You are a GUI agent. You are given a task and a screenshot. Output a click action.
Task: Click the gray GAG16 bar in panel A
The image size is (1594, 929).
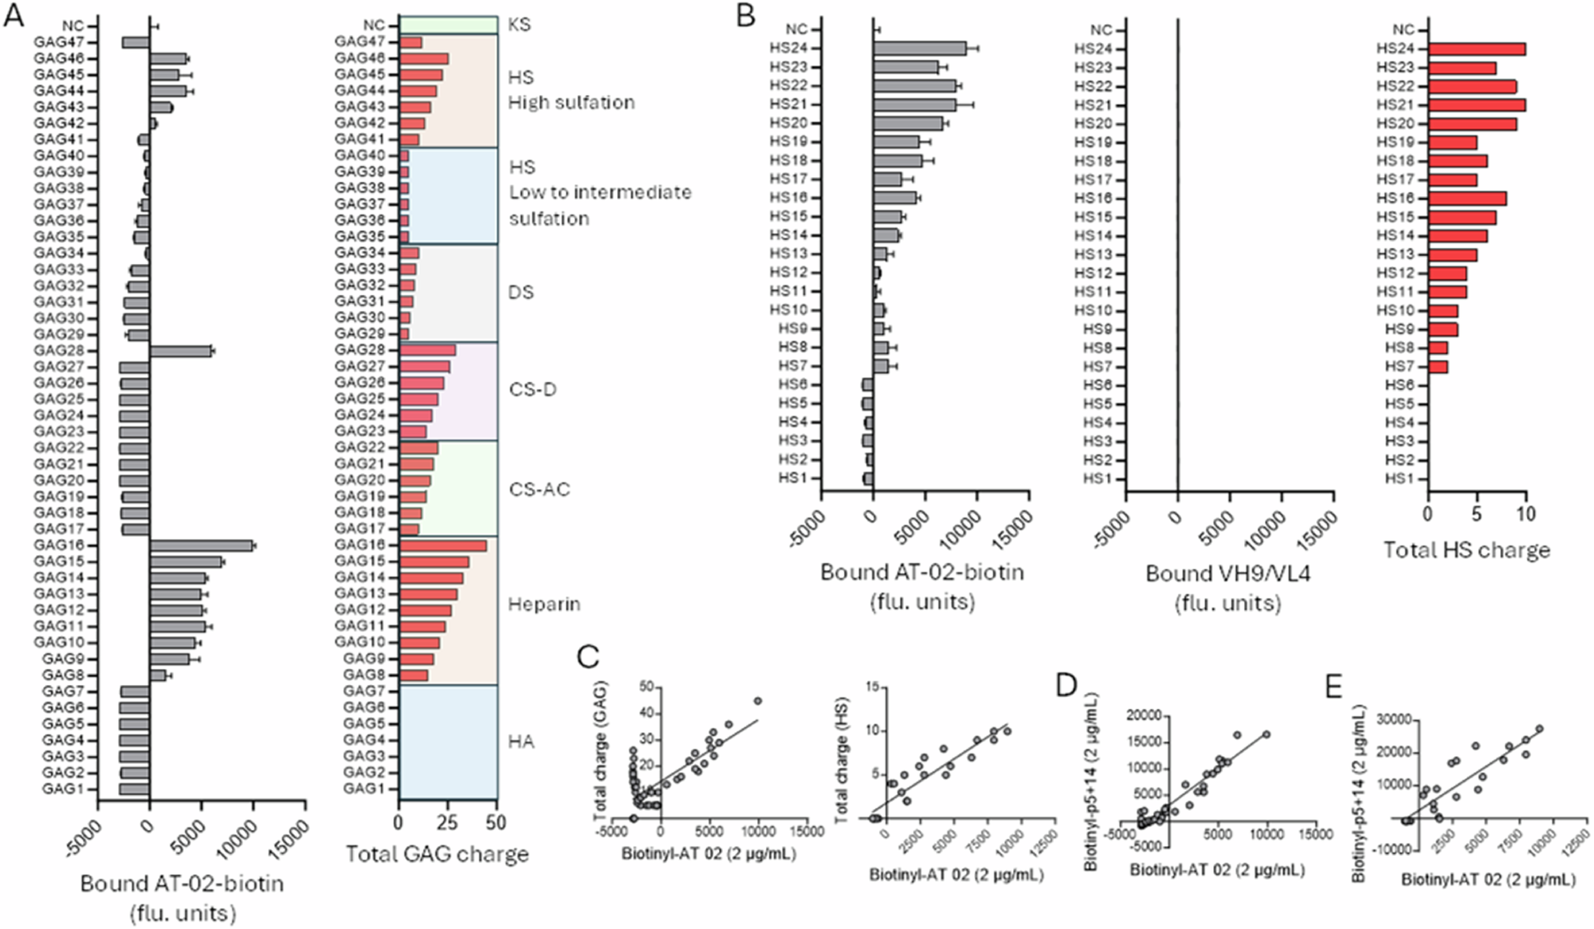click(x=201, y=545)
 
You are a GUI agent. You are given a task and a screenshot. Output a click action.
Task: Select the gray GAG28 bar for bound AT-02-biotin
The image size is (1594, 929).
click(x=181, y=351)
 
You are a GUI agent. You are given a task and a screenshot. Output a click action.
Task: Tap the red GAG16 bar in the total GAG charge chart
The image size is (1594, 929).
click(x=442, y=545)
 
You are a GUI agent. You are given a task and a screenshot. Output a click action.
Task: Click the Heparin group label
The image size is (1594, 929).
click(x=544, y=604)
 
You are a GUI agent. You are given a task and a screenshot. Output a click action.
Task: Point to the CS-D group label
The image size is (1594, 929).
click(x=532, y=390)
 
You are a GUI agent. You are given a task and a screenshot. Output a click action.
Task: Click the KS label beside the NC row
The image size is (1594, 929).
click(x=519, y=25)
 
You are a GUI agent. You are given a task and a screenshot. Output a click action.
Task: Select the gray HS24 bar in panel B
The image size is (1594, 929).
click(x=919, y=49)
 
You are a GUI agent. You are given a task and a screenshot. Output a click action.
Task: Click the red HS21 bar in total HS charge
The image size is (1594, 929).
click(x=1476, y=105)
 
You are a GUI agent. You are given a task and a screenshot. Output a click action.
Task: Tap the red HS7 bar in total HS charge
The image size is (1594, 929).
click(x=1438, y=367)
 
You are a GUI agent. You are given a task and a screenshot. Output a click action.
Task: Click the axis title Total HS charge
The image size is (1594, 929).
click(x=1466, y=550)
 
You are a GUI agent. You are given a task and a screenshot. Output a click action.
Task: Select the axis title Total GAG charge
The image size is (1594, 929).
click(x=437, y=855)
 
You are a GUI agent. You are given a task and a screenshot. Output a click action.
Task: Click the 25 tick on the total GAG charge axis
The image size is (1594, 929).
click(x=448, y=823)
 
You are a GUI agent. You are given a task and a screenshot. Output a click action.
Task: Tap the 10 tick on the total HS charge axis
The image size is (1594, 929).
click(x=1525, y=514)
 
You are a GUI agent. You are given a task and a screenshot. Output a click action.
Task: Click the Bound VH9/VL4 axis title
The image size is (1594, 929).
click(x=1227, y=574)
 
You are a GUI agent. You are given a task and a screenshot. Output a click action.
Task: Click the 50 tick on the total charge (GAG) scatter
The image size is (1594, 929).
click(x=646, y=687)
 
